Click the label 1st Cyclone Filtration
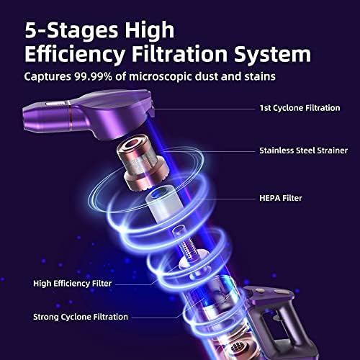300,108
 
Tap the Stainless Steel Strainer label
304,150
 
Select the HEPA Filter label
281,198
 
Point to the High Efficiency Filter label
73,284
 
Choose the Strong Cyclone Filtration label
81,317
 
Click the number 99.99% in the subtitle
93,76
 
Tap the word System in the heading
272,54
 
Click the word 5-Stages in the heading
72,30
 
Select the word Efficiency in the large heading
75,54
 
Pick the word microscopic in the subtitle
160,77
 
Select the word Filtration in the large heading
179,54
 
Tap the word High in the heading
149,31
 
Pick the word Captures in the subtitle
48,77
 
